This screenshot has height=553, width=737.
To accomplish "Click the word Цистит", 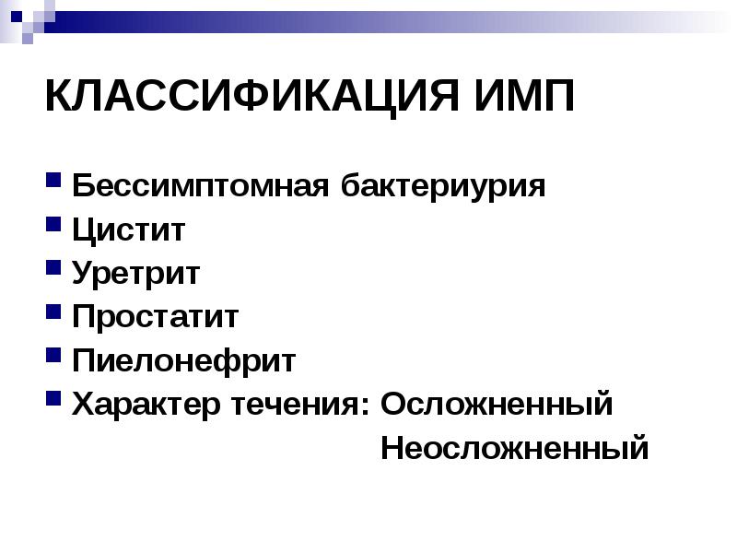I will click(x=129, y=229).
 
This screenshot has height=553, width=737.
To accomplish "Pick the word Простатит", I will click(x=156, y=317).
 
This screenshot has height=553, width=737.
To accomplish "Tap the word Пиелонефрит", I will click(x=184, y=360).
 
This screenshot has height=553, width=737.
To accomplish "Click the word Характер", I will click(x=144, y=404).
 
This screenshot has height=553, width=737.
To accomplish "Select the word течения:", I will click(x=298, y=404).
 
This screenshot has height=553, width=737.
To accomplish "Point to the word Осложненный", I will click(x=497, y=404).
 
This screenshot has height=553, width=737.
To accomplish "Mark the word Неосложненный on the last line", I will click(x=514, y=449).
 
